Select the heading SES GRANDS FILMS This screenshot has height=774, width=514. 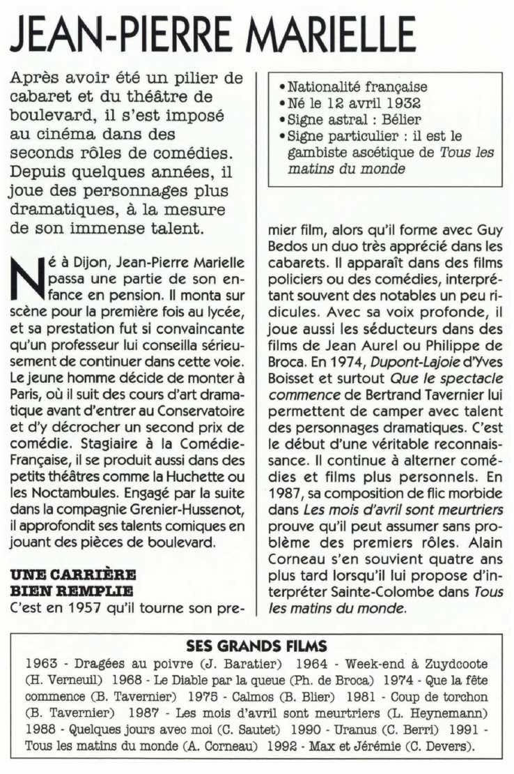(x=257, y=646)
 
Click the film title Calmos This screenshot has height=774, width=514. (x=254, y=697)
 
